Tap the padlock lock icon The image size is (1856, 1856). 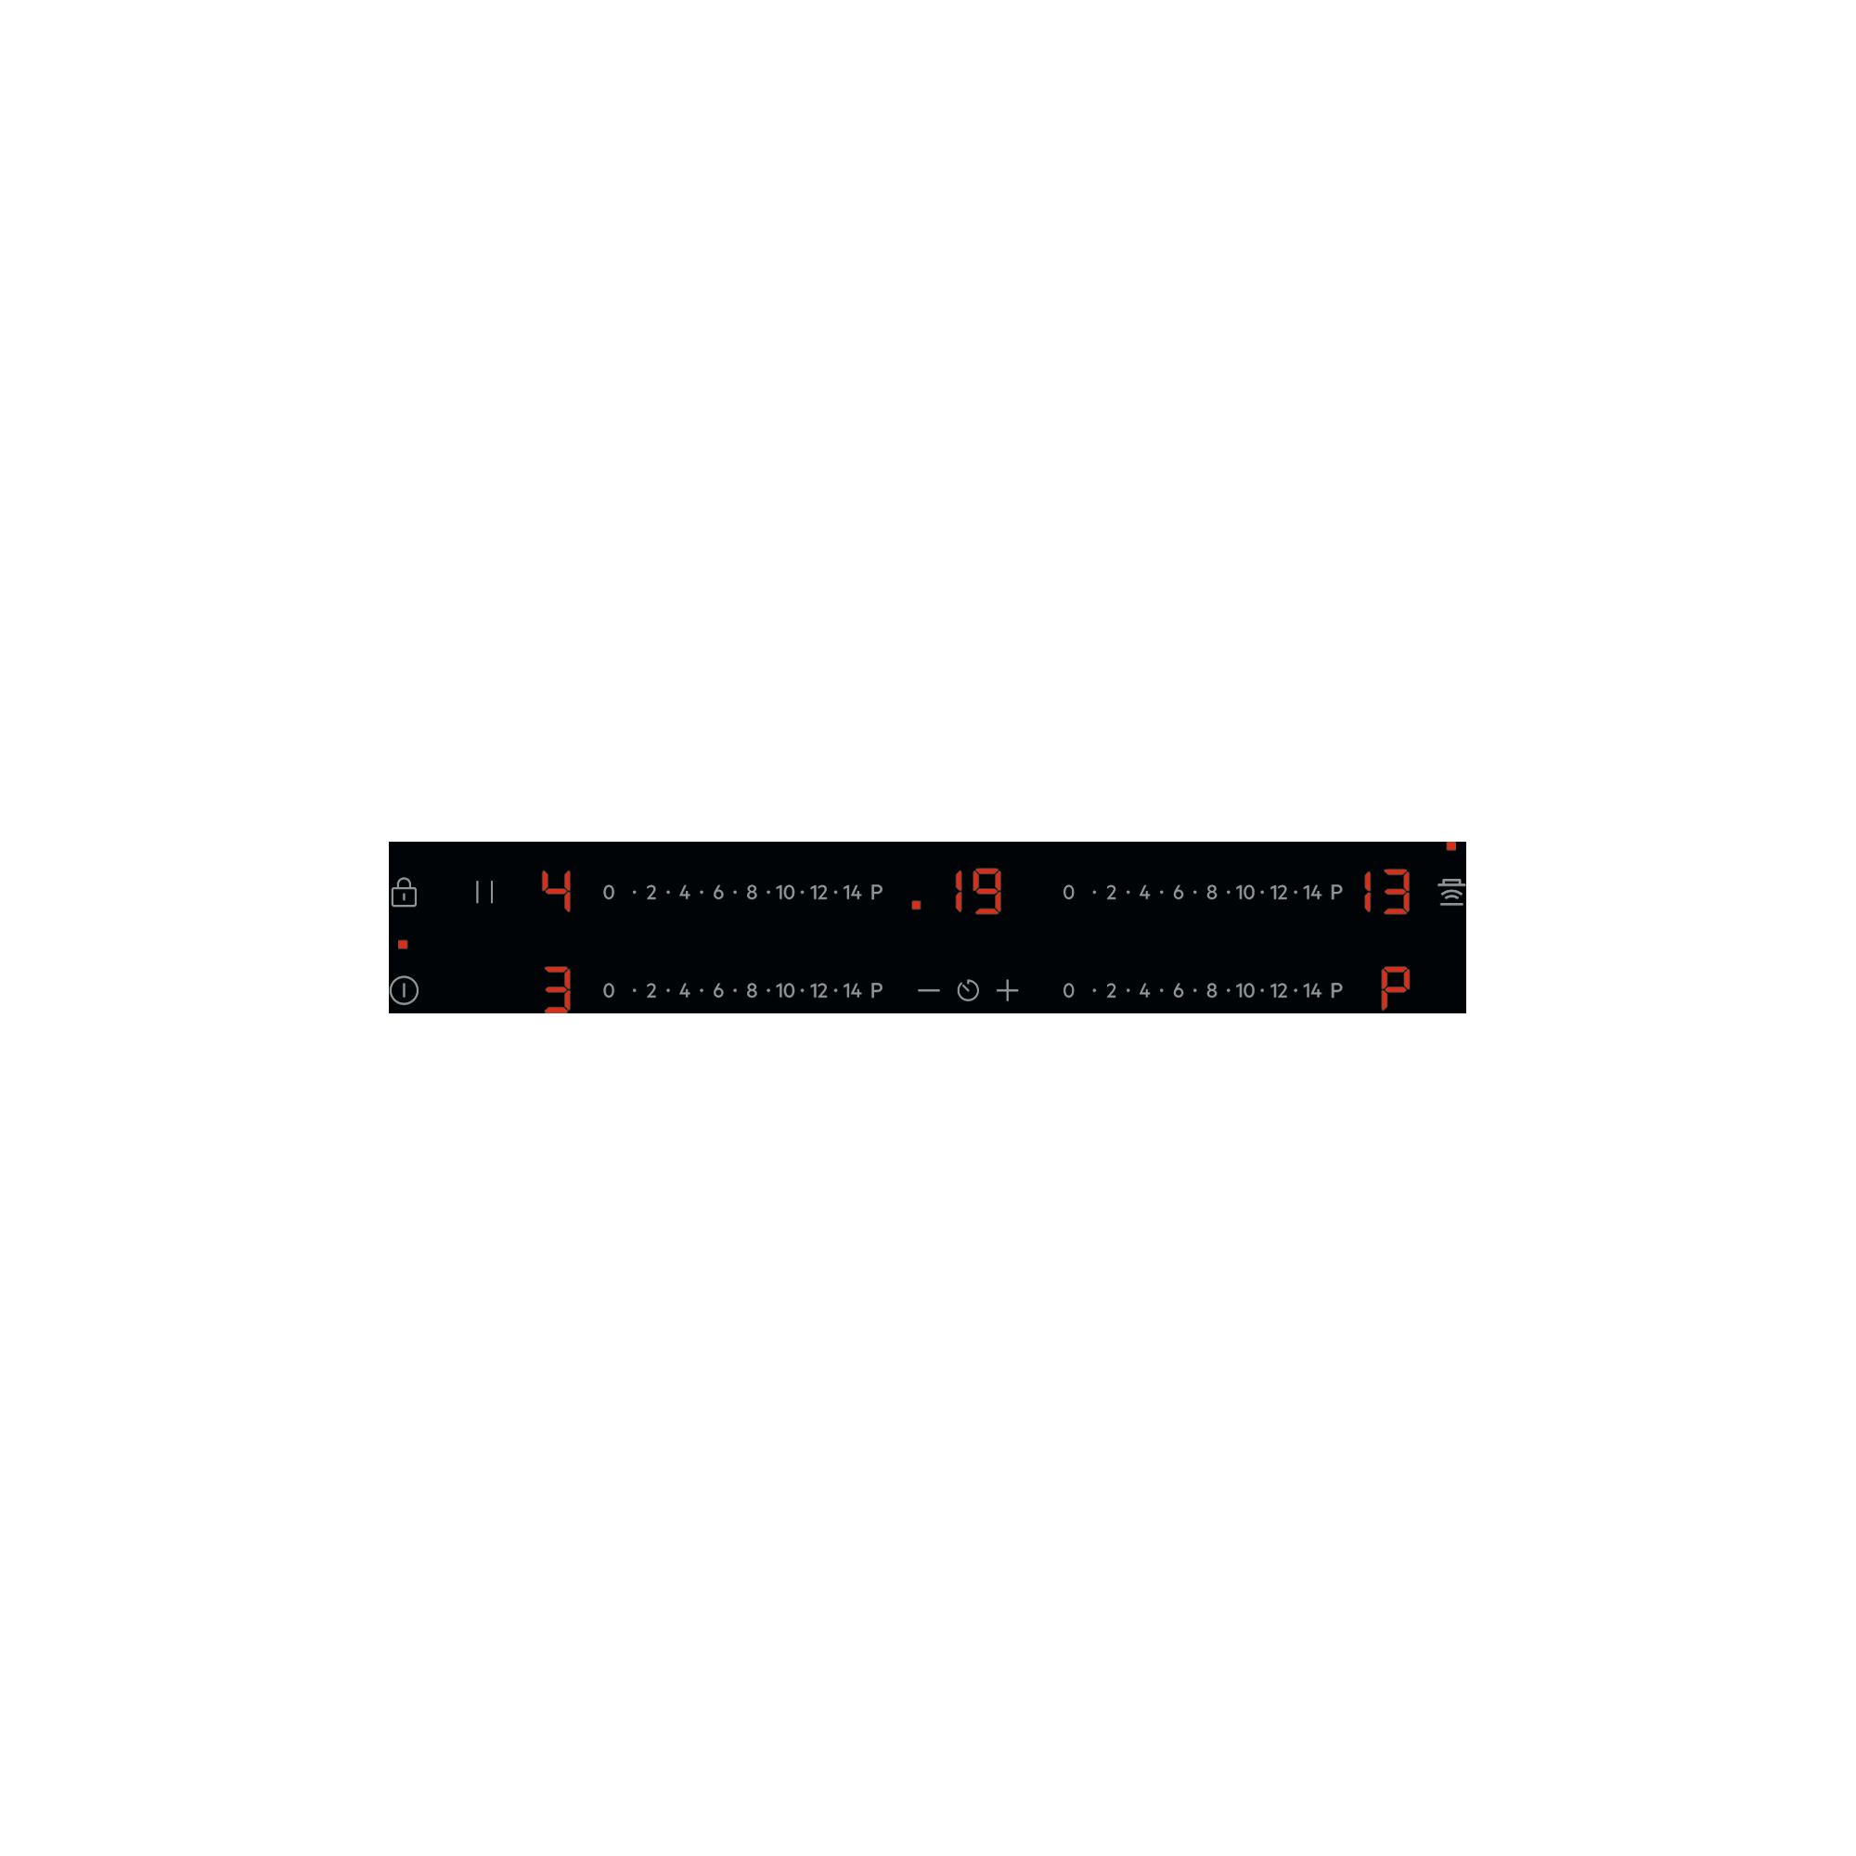point(404,893)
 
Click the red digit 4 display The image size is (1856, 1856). point(556,891)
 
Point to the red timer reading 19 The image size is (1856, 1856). point(978,891)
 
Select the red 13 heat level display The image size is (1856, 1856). point(1387,891)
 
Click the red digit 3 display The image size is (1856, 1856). point(557,989)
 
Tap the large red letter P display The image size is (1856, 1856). point(1395,987)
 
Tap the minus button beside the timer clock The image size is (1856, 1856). point(928,990)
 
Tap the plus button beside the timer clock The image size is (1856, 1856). point(1007,990)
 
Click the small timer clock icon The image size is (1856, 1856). point(968,990)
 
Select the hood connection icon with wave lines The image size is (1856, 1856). point(1450,893)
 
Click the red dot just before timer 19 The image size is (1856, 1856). point(917,905)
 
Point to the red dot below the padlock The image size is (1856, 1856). point(403,945)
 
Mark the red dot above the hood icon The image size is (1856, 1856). point(1450,846)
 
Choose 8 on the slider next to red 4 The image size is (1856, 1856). point(752,893)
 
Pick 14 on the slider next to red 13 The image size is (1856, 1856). point(1312,893)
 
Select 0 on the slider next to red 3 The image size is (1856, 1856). point(608,990)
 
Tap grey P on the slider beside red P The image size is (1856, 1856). point(1336,990)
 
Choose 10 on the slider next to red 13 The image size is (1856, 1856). point(1245,893)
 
